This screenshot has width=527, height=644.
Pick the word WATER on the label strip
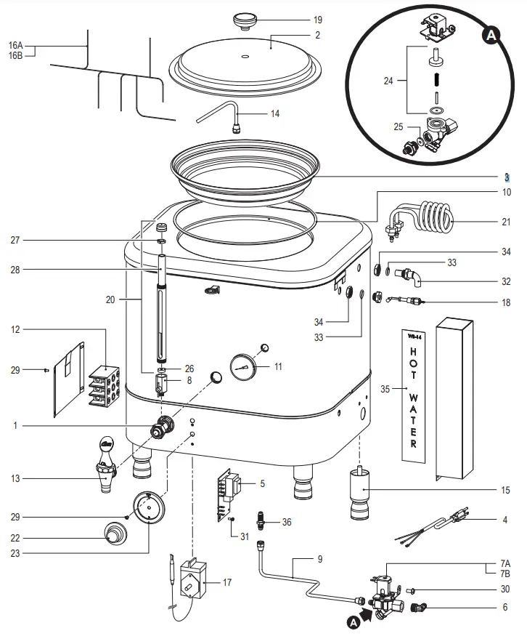(413, 419)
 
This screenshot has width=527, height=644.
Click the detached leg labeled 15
(360, 494)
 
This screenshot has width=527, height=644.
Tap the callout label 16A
(15, 44)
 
